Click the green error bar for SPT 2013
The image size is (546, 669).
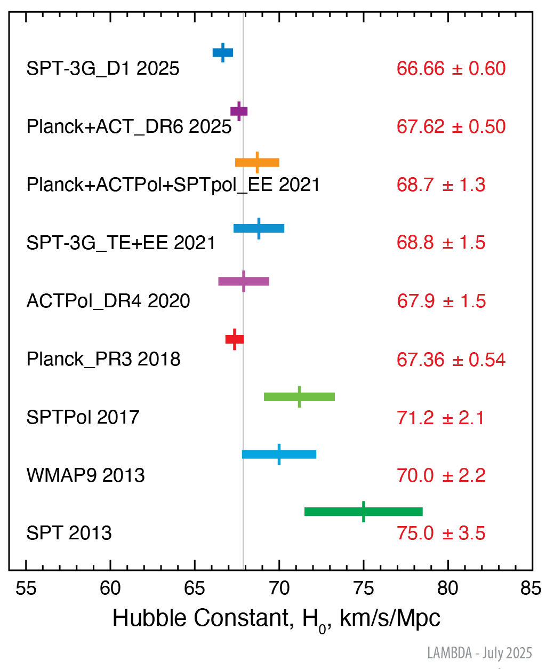tap(364, 512)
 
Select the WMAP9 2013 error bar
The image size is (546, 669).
tap(279, 455)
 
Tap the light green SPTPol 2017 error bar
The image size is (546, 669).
tap(299, 396)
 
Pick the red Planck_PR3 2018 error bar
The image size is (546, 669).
tap(235, 339)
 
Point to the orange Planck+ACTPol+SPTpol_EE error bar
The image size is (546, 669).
tap(257, 163)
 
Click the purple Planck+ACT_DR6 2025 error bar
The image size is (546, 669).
tap(239, 111)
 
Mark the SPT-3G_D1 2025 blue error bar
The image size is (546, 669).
tap(223, 52)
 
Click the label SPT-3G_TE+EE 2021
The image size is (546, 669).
tap(121, 243)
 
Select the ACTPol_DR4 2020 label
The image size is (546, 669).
tap(108, 301)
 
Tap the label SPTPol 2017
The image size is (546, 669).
tap(83, 417)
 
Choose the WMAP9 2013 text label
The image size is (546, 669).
tap(85, 475)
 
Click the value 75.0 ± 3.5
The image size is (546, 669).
tap(441, 533)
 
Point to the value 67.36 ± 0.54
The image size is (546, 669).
tap(451, 360)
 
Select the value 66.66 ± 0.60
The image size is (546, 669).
tap(451, 68)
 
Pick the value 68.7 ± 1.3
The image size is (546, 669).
tap(441, 185)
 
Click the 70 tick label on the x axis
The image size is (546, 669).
tap(279, 588)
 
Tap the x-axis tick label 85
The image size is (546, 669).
tap(531, 588)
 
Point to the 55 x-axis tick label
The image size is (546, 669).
tap(26, 588)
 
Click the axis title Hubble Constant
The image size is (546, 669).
tap(276, 618)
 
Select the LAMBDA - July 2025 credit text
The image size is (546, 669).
tap(479, 653)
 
